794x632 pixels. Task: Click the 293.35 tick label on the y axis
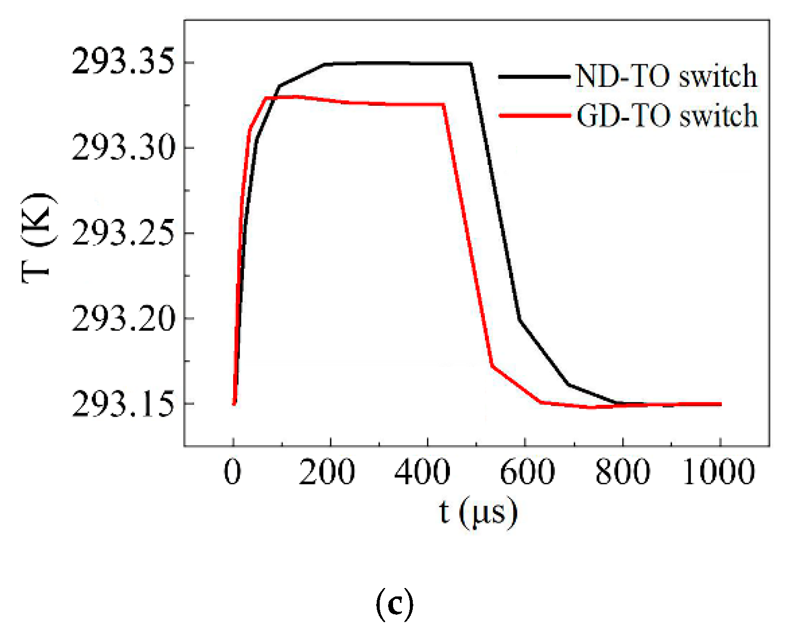123,62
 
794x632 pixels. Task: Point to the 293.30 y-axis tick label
123,148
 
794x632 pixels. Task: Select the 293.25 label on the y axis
123,233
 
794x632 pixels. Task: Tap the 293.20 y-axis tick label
123,318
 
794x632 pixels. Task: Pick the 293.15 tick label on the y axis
123,404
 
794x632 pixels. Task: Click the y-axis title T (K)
39,238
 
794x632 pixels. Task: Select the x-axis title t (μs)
478,513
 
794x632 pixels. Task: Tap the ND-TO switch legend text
666,77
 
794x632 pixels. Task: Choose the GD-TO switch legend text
667,116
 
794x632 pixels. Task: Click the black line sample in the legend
534,77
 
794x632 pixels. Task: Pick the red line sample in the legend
535,116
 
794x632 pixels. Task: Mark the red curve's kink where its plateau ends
444,104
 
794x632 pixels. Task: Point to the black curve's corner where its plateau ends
471,64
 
